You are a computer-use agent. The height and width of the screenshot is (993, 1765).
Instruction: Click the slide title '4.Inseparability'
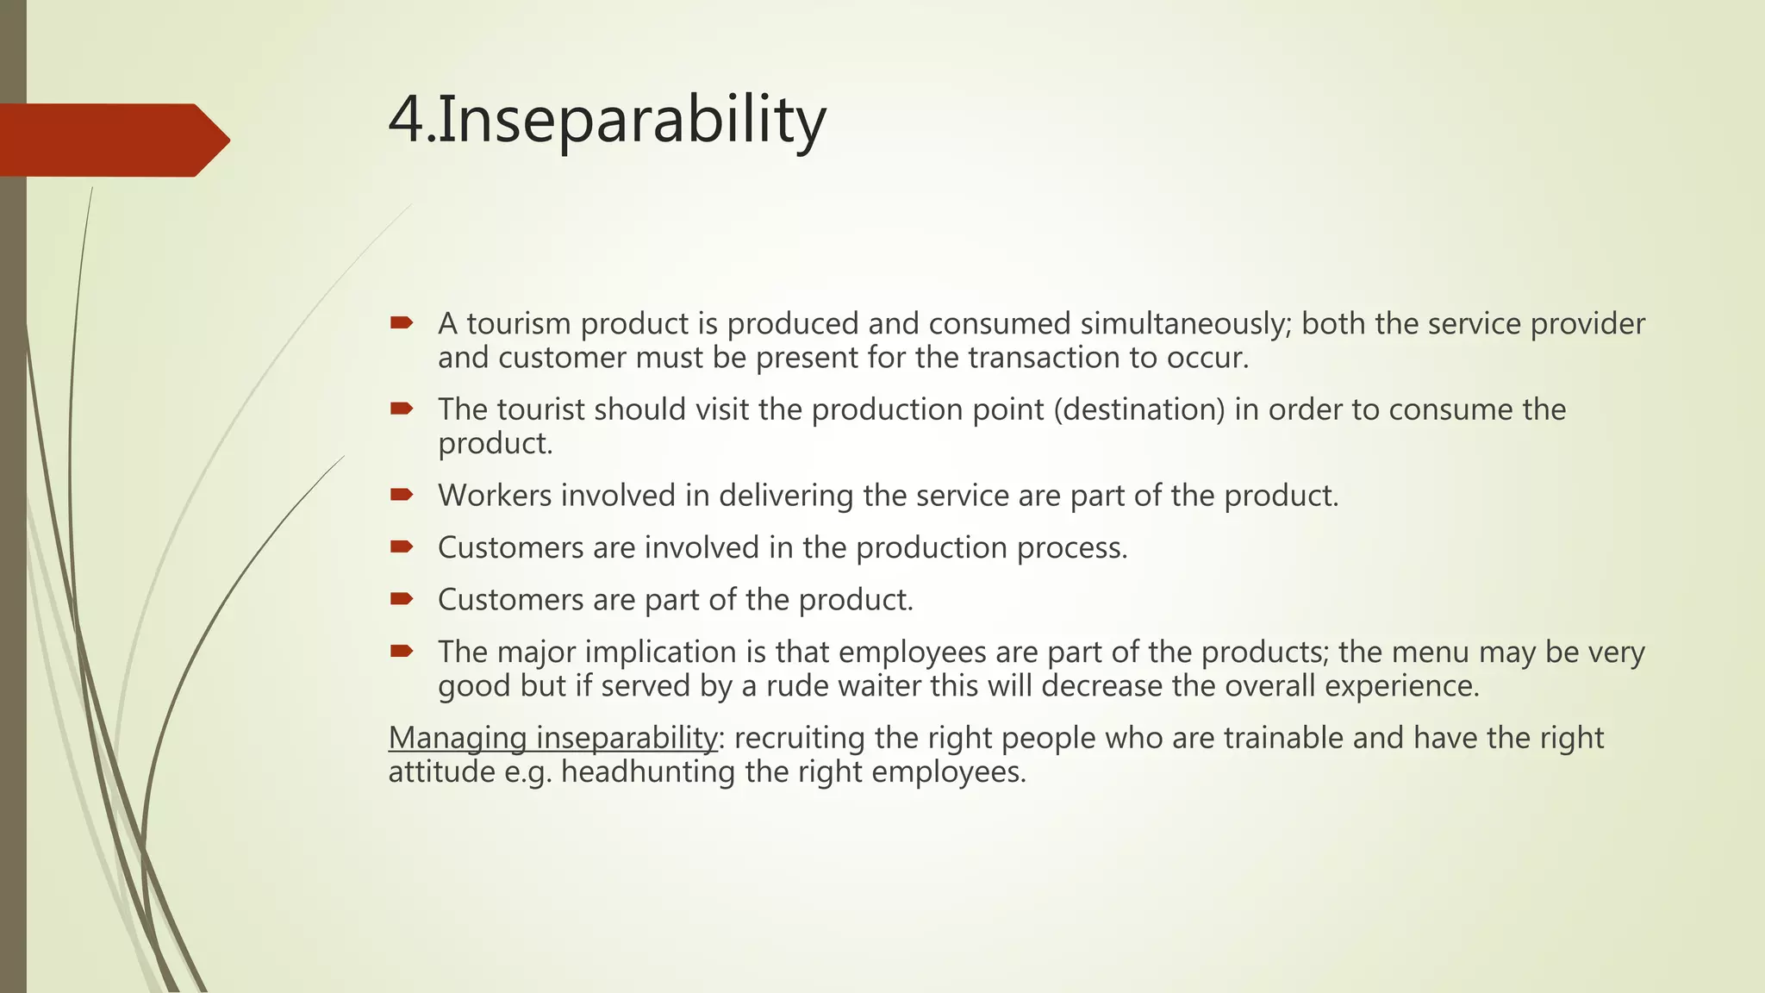(607, 120)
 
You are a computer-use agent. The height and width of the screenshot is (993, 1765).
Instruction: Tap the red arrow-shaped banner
(112, 141)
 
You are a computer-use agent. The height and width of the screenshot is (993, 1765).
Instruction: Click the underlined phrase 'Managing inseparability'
(552, 738)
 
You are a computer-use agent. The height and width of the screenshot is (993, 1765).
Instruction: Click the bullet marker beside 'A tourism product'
(402, 323)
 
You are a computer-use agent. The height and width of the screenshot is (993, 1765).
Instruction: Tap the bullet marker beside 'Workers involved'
(402, 495)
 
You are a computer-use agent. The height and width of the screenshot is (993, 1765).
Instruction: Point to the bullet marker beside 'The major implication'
(402, 651)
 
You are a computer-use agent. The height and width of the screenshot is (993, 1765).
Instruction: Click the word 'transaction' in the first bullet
(1044, 358)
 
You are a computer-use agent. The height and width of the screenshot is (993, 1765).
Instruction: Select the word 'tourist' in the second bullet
(537, 409)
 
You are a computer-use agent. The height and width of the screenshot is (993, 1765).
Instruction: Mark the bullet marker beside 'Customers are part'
(402, 599)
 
